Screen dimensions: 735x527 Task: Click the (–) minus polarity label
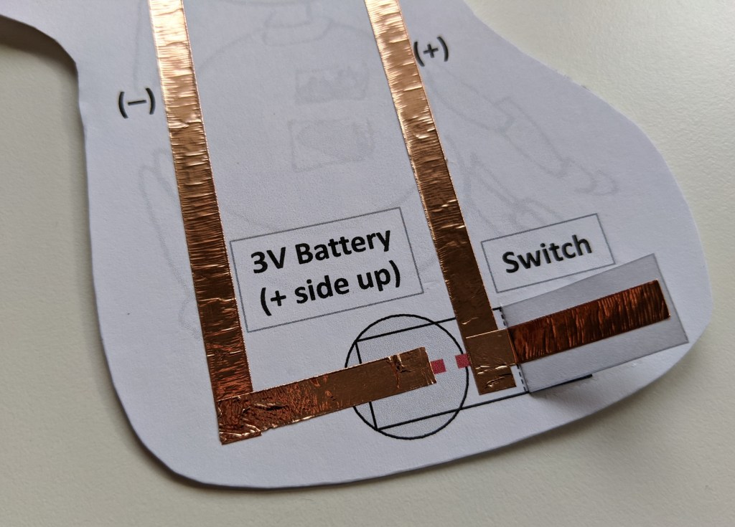click(x=136, y=103)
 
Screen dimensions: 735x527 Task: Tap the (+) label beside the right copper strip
click(x=431, y=51)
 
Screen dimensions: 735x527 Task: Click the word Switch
click(x=546, y=254)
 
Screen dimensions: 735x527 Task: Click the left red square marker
click(x=439, y=366)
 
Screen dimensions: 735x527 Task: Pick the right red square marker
click(x=462, y=361)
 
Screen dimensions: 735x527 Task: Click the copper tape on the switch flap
click(x=589, y=322)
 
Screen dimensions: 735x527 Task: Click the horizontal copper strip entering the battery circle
click(x=328, y=386)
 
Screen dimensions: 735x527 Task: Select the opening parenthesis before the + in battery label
click(x=266, y=302)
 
